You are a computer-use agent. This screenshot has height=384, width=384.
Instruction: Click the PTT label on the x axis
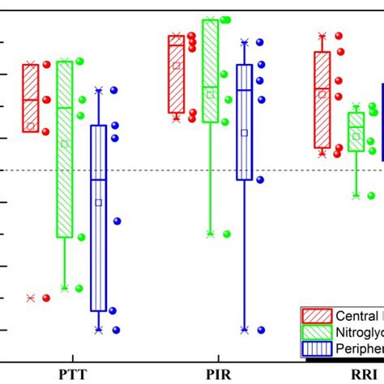tap(73, 375)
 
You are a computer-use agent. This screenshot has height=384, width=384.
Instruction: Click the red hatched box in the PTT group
tap(31, 97)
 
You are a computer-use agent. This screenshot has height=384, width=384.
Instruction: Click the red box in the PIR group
tap(176, 74)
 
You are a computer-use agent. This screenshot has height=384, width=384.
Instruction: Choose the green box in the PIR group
tap(210, 71)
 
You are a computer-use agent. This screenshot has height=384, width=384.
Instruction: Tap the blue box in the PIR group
tap(244, 122)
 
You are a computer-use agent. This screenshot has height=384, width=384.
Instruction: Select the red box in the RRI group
tap(322, 100)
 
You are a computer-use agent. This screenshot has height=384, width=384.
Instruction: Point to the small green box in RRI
tap(356, 132)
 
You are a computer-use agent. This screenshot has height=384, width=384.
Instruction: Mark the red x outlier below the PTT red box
tap(31, 298)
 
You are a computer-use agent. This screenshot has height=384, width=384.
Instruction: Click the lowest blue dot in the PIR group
tap(261, 330)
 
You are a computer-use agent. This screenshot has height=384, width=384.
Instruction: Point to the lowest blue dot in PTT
tap(116, 330)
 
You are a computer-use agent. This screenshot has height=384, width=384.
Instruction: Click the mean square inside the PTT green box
tap(65, 144)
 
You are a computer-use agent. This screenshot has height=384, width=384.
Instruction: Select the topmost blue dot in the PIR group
tap(259, 42)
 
